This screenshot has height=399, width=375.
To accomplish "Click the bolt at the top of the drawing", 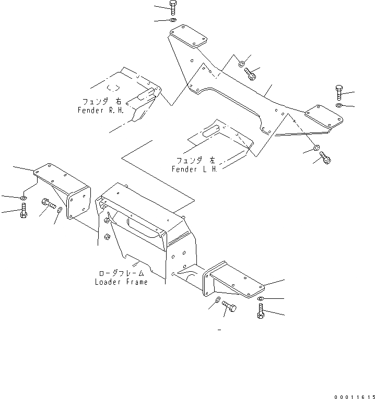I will pos(173,7).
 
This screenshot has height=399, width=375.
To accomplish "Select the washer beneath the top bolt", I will pos(173,20).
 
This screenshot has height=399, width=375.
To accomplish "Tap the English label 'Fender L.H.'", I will pos(194,169).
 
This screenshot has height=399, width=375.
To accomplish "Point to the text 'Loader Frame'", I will pos(121,282).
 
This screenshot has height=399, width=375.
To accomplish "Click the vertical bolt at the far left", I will pos(23,213).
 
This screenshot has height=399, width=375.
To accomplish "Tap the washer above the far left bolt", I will pos(23,199).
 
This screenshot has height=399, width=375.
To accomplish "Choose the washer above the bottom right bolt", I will pos(261,298).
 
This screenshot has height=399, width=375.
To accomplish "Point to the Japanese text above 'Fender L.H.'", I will pos(194,160).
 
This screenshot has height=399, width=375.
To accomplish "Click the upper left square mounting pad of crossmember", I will pos(188,39).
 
